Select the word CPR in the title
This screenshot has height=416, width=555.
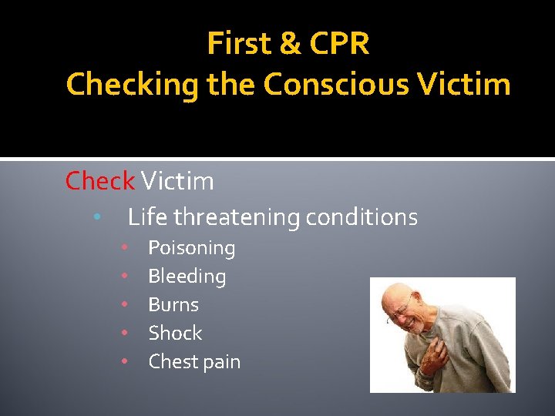pos(340,45)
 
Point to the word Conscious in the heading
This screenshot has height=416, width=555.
pos(333,85)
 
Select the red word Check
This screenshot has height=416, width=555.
pos(99,181)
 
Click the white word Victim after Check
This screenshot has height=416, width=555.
pos(177,181)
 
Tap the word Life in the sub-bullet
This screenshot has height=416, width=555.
pos(146,217)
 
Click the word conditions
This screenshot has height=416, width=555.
pos(362,218)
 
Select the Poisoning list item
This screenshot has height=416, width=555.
pos(191,248)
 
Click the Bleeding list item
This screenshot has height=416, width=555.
pos(187,277)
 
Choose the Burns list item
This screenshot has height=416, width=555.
pos(173,305)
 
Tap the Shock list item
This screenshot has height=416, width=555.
pos(175,334)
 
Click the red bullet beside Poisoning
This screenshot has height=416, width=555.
pos(123,248)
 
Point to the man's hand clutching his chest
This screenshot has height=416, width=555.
pos(436,355)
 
